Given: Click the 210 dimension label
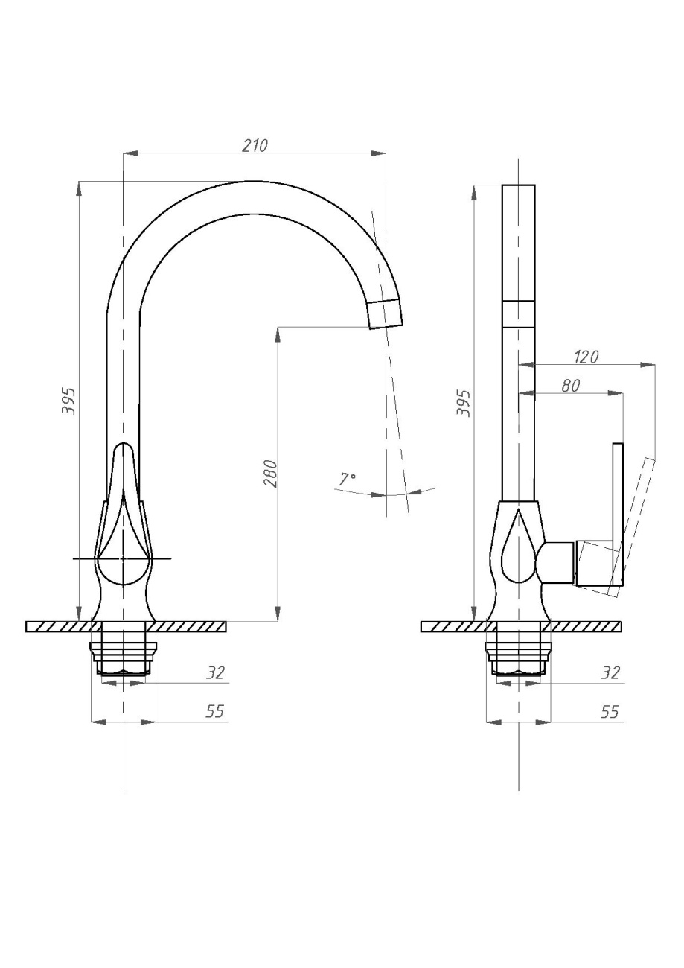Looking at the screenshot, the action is coord(255,146).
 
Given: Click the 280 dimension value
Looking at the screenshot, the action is coord(270,474).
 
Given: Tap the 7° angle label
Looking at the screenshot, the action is coord(347,480).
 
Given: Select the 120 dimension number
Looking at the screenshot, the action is coord(586,357).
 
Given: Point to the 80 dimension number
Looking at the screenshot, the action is coord(570,386).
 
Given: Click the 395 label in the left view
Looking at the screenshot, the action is coord(68,401).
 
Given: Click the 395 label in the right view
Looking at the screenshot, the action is coord(463,403).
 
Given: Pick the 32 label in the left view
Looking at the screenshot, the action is coord(216,673).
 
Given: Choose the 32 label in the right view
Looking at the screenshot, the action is coord(610,673).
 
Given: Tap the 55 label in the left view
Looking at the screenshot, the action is coord(214,711).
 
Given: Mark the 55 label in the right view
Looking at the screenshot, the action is coord(610,711).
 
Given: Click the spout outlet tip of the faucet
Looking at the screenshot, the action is coord(386,313).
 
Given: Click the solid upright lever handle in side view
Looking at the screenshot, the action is coord(618,515).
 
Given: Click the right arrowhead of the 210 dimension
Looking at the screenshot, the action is coord(379,153).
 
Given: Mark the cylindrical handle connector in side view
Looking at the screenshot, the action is coord(556,561).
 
